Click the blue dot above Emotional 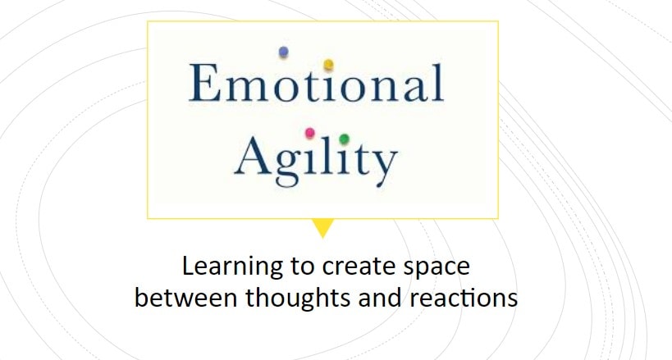pyautogui.click(x=283, y=52)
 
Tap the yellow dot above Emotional pyautogui.click(x=328, y=64)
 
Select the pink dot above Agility pyautogui.click(x=309, y=133)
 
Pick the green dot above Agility pyautogui.click(x=344, y=139)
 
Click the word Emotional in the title pyautogui.click(x=316, y=82)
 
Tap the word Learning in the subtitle pyautogui.click(x=232, y=267)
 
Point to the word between pyautogui.click(x=185, y=297)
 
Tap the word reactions pyautogui.click(x=464, y=298)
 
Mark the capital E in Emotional pyautogui.click(x=205, y=82)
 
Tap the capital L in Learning pyautogui.click(x=189, y=266)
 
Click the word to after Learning pyautogui.click(x=302, y=267)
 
